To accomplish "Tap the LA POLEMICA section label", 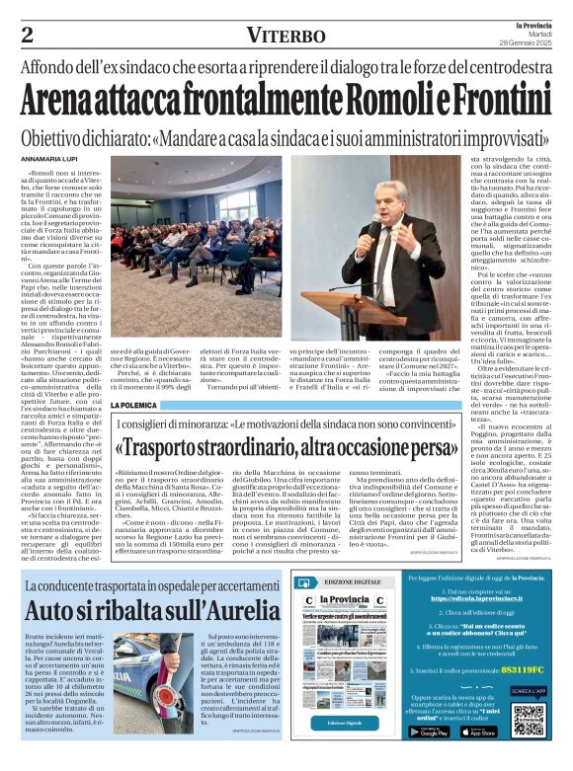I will click(x=132, y=406).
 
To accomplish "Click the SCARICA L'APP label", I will click(x=529, y=692).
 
